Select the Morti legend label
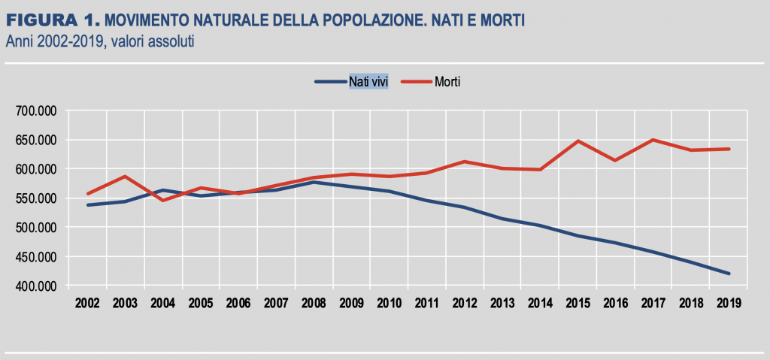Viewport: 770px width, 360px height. [447, 81]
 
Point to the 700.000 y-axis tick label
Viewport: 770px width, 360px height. [37, 110]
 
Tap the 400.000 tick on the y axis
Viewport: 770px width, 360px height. [37, 286]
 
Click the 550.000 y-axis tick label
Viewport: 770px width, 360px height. [37, 198]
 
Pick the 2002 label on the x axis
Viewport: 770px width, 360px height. [87, 303]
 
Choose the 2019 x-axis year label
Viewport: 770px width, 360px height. [728, 303]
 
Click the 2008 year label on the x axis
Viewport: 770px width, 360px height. [314, 303]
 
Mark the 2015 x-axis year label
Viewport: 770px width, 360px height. [577, 303]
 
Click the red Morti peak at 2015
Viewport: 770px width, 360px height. [577, 141]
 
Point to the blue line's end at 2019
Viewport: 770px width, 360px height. [729, 274]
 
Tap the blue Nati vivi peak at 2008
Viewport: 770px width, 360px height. [314, 182]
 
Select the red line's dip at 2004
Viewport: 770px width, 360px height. [163, 200]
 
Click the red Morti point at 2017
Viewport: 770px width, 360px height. [653, 140]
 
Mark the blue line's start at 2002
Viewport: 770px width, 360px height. [88, 204]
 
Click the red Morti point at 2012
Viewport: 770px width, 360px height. [465, 162]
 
